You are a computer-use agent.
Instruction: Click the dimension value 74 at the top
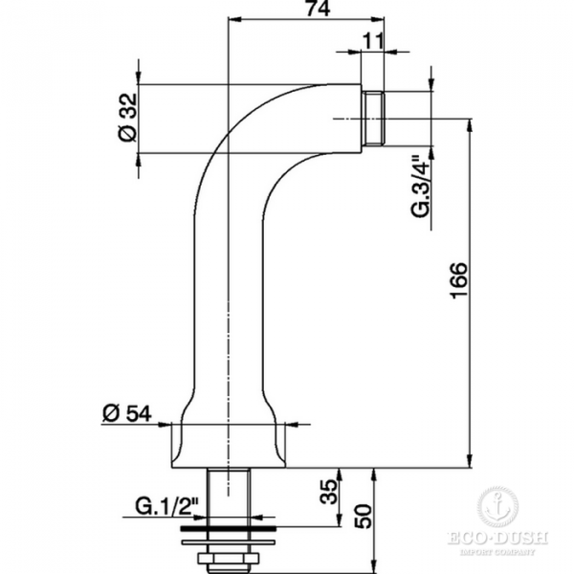[x=318, y=8]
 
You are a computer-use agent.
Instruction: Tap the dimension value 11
[x=374, y=40]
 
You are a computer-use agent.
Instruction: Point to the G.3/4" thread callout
[x=420, y=188]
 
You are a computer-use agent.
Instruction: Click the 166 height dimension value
[x=458, y=280]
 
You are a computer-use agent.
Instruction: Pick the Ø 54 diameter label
[x=126, y=413]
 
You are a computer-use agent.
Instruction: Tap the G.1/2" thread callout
[x=166, y=506]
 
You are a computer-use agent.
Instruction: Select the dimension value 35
[x=327, y=492]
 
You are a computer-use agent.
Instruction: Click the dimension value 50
[x=363, y=517]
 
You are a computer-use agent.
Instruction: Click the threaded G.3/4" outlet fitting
[x=373, y=119]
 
